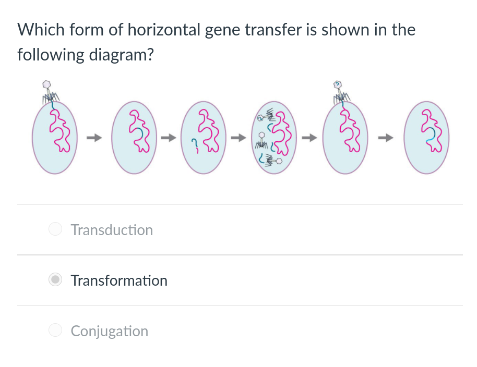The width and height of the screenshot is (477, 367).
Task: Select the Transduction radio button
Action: (55, 229)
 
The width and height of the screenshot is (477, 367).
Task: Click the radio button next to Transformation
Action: (55, 280)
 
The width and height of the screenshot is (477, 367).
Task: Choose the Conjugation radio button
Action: (55, 331)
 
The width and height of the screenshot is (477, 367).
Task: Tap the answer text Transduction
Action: (112, 230)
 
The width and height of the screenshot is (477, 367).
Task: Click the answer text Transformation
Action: (119, 280)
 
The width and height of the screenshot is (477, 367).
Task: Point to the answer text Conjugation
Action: (110, 331)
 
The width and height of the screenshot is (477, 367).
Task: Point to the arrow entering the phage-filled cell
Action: (238, 138)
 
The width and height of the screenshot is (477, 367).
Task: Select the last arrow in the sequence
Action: (387, 138)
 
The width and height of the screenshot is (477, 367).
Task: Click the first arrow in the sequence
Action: (92, 138)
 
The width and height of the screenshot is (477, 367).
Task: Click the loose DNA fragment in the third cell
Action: (194, 144)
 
